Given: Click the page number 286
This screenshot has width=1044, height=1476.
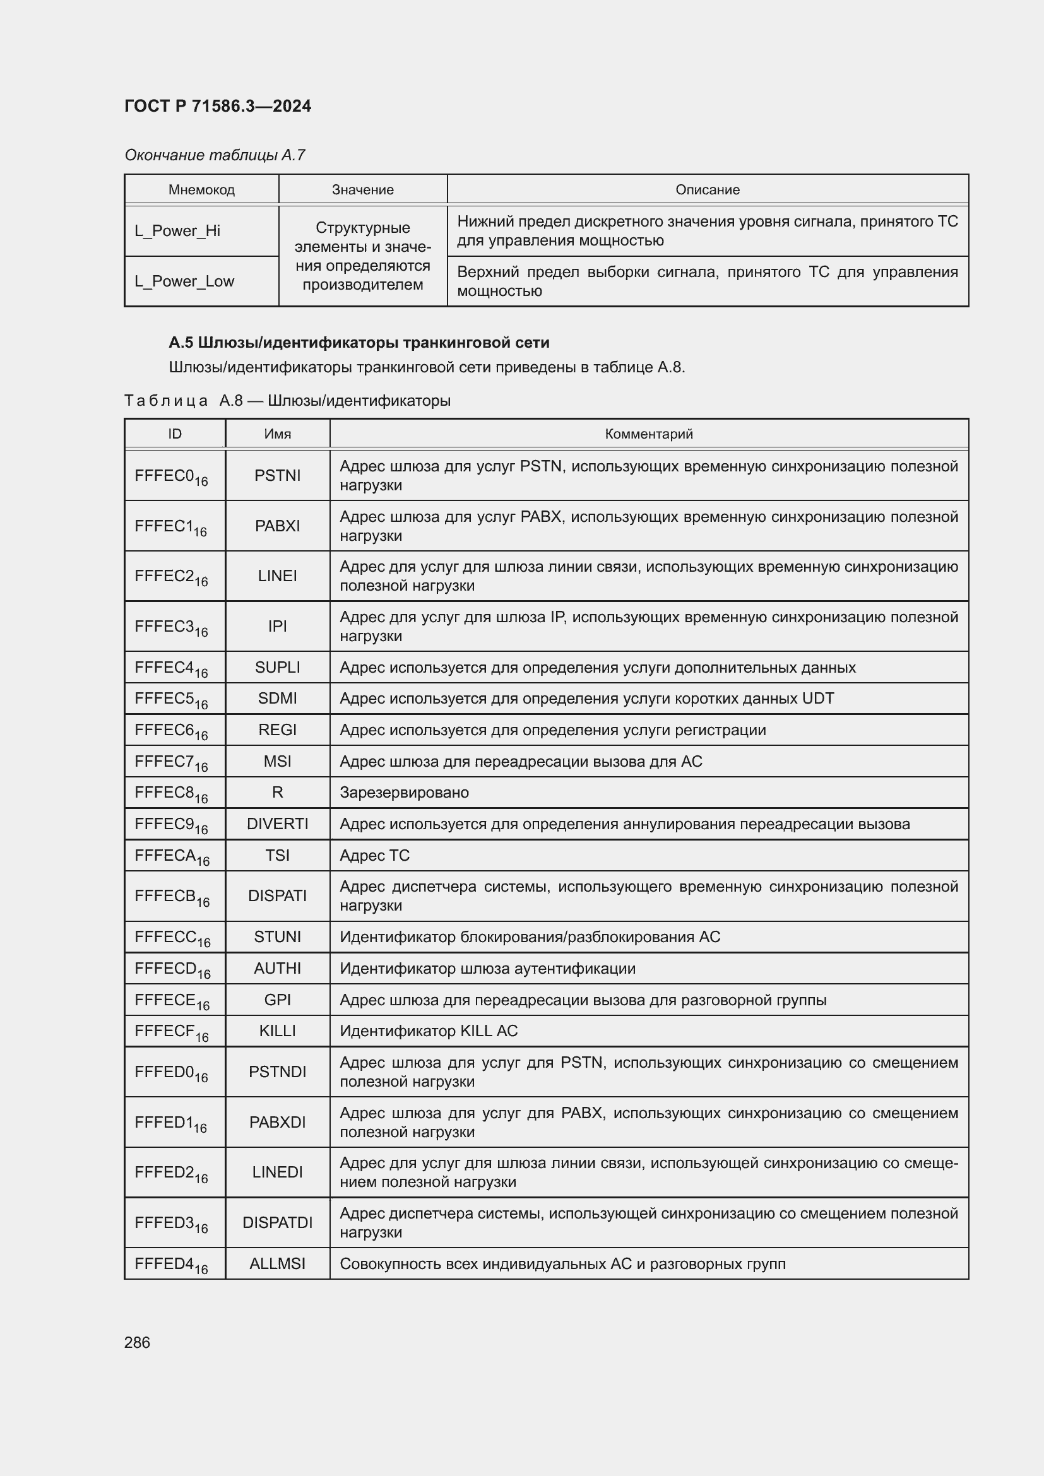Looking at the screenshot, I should (x=137, y=1342).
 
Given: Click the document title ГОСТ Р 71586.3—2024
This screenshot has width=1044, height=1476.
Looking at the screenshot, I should (x=217, y=106).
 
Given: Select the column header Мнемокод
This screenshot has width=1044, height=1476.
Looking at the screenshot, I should (x=201, y=190).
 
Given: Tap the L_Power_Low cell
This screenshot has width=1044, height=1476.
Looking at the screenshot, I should (x=184, y=281).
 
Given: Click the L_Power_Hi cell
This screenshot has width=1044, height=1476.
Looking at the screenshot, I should (x=177, y=231).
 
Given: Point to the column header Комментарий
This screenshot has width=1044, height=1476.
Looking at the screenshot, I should (x=648, y=434).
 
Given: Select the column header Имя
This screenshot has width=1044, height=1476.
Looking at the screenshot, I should (x=277, y=434).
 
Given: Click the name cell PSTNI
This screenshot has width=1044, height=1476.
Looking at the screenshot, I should (x=277, y=475).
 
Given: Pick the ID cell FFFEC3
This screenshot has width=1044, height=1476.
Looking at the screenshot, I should (x=170, y=627).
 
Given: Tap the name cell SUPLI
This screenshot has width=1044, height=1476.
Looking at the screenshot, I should (x=277, y=667).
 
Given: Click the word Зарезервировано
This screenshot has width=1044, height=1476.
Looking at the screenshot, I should (x=404, y=793).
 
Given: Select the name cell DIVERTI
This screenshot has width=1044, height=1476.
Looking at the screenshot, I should (x=277, y=824).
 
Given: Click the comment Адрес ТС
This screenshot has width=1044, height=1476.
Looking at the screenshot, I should (x=374, y=855).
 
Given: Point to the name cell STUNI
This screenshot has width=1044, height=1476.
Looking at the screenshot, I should (x=277, y=936).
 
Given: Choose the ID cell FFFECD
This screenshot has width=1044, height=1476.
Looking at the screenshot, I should (x=172, y=969).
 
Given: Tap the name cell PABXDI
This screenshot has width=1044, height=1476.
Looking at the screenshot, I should (x=277, y=1122).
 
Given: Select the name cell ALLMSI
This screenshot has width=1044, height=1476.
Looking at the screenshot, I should (x=277, y=1263).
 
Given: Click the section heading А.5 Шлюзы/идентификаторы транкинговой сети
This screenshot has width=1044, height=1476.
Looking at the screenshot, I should (x=359, y=343).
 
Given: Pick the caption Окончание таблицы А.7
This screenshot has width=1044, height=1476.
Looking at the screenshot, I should (x=214, y=155).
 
